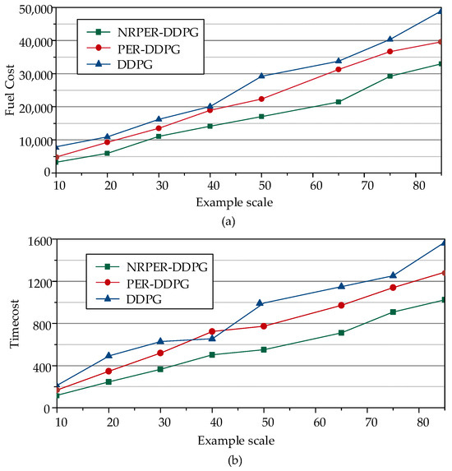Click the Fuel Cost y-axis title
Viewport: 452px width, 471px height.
click(11, 90)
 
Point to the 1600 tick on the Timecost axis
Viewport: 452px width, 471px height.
click(41, 241)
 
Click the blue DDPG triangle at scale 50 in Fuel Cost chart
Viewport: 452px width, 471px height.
click(262, 76)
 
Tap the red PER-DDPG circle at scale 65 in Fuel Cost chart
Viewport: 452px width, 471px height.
click(339, 69)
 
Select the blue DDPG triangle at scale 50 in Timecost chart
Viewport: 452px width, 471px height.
click(260, 302)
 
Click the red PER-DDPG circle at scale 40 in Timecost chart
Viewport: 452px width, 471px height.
click(212, 331)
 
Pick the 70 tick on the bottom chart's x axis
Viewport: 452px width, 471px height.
click(367, 421)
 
